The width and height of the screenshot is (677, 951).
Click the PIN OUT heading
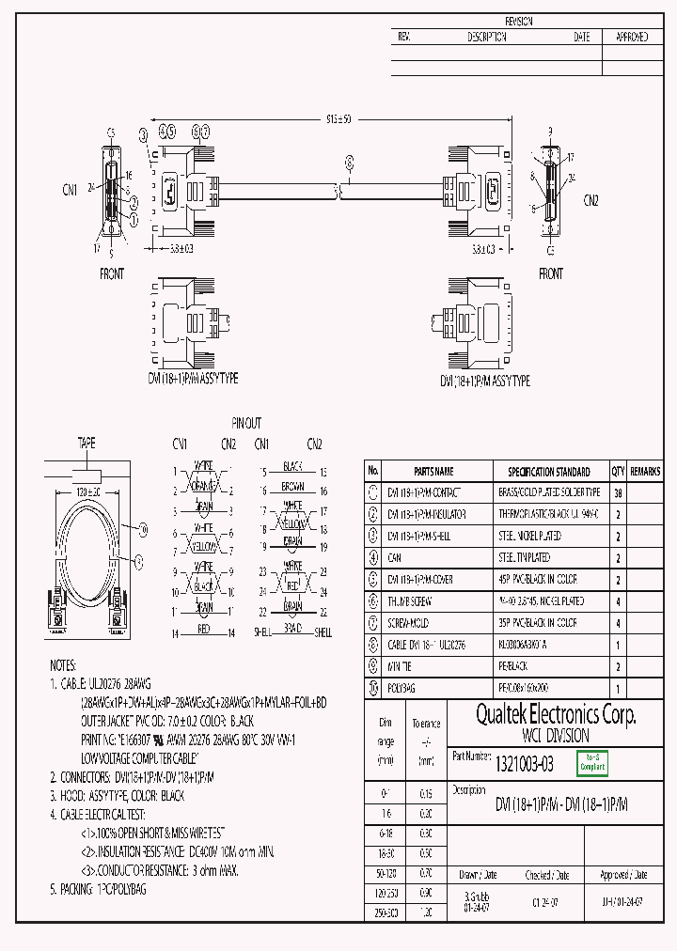click(246, 424)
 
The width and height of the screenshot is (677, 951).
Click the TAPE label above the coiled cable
click(87, 442)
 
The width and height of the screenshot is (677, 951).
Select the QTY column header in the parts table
click(618, 472)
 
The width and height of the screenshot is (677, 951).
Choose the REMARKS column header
click(646, 472)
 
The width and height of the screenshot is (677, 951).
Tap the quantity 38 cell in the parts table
click(618, 493)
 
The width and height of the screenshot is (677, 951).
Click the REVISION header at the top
click(519, 21)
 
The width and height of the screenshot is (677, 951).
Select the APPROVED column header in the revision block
click(632, 38)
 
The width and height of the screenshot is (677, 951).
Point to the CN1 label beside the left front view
click(71, 190)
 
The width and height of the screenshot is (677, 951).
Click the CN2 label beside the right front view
click(590, 200)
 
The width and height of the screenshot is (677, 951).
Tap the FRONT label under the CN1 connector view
click(112, 274)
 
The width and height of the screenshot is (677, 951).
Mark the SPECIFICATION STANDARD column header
click(549, 472)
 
